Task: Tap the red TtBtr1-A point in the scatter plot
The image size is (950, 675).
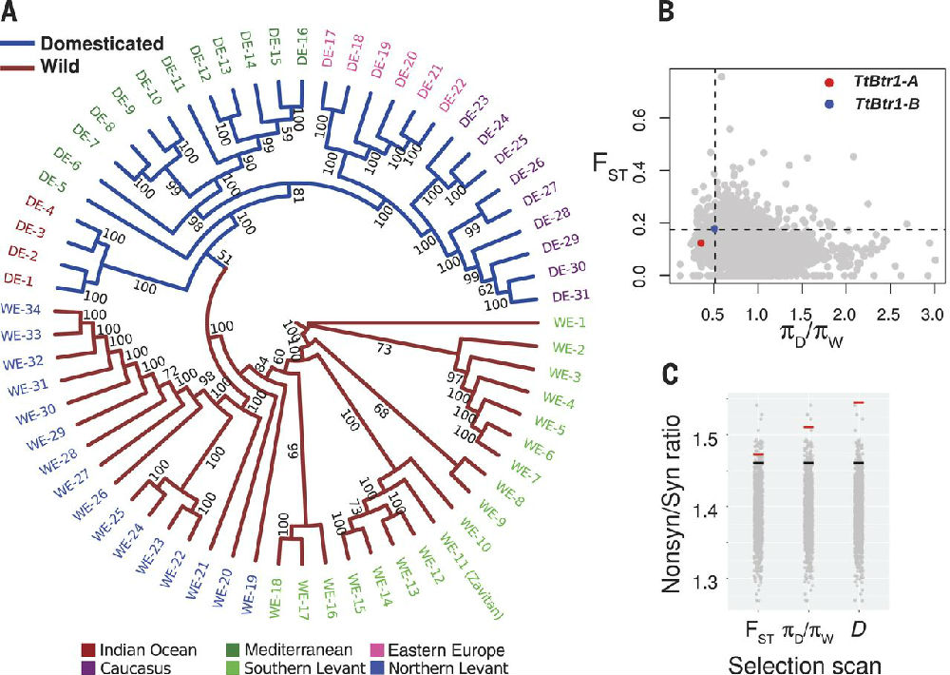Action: click(701, 243)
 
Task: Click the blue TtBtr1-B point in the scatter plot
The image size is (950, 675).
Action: click(714, 229)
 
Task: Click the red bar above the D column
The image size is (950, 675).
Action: click(858, 403)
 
